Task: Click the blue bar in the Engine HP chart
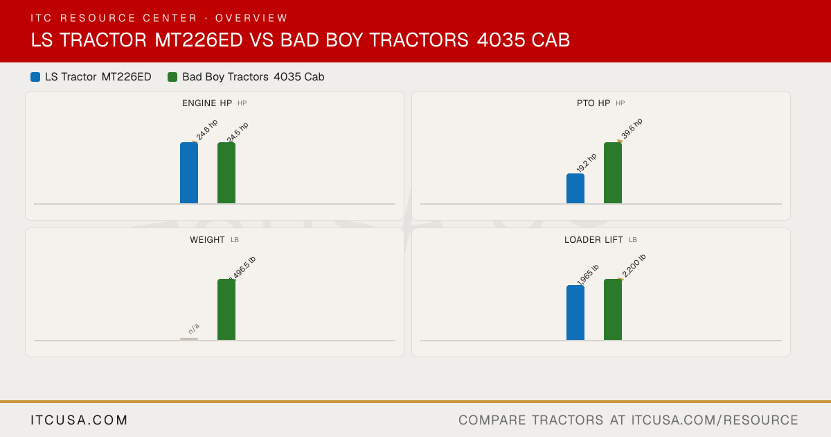tap(189, 173)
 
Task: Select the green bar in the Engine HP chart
tap(226, 173)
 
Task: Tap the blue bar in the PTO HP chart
tap(575, 189)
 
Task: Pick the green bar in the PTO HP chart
tap(613, 173)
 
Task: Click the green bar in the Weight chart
tap(226, 309)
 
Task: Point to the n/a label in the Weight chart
tap(194, 329)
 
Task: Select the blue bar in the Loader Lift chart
tap(575, 313)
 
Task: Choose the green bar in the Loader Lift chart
tap(613, 309)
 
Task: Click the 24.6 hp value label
tap(206, 130)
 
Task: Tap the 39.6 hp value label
tap(632, 129)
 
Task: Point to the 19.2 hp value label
tap(587, 163)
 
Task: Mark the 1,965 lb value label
tap(588, 275)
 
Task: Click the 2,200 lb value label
tap(634, 266)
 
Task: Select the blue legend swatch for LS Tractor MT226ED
tap(35, 77)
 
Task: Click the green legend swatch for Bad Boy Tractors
tap(172, 77)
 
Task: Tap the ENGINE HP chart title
tap(207, 103)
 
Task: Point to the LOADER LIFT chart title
tap(593, 240)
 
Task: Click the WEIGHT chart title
tap(207, 240)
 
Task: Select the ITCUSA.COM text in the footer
tap(79, 420)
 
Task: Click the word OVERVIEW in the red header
tap(251, 18)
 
